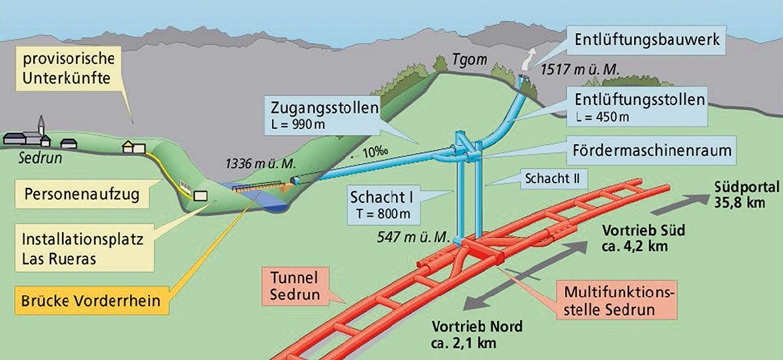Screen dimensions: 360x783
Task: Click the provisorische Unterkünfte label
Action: pos(69,68)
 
